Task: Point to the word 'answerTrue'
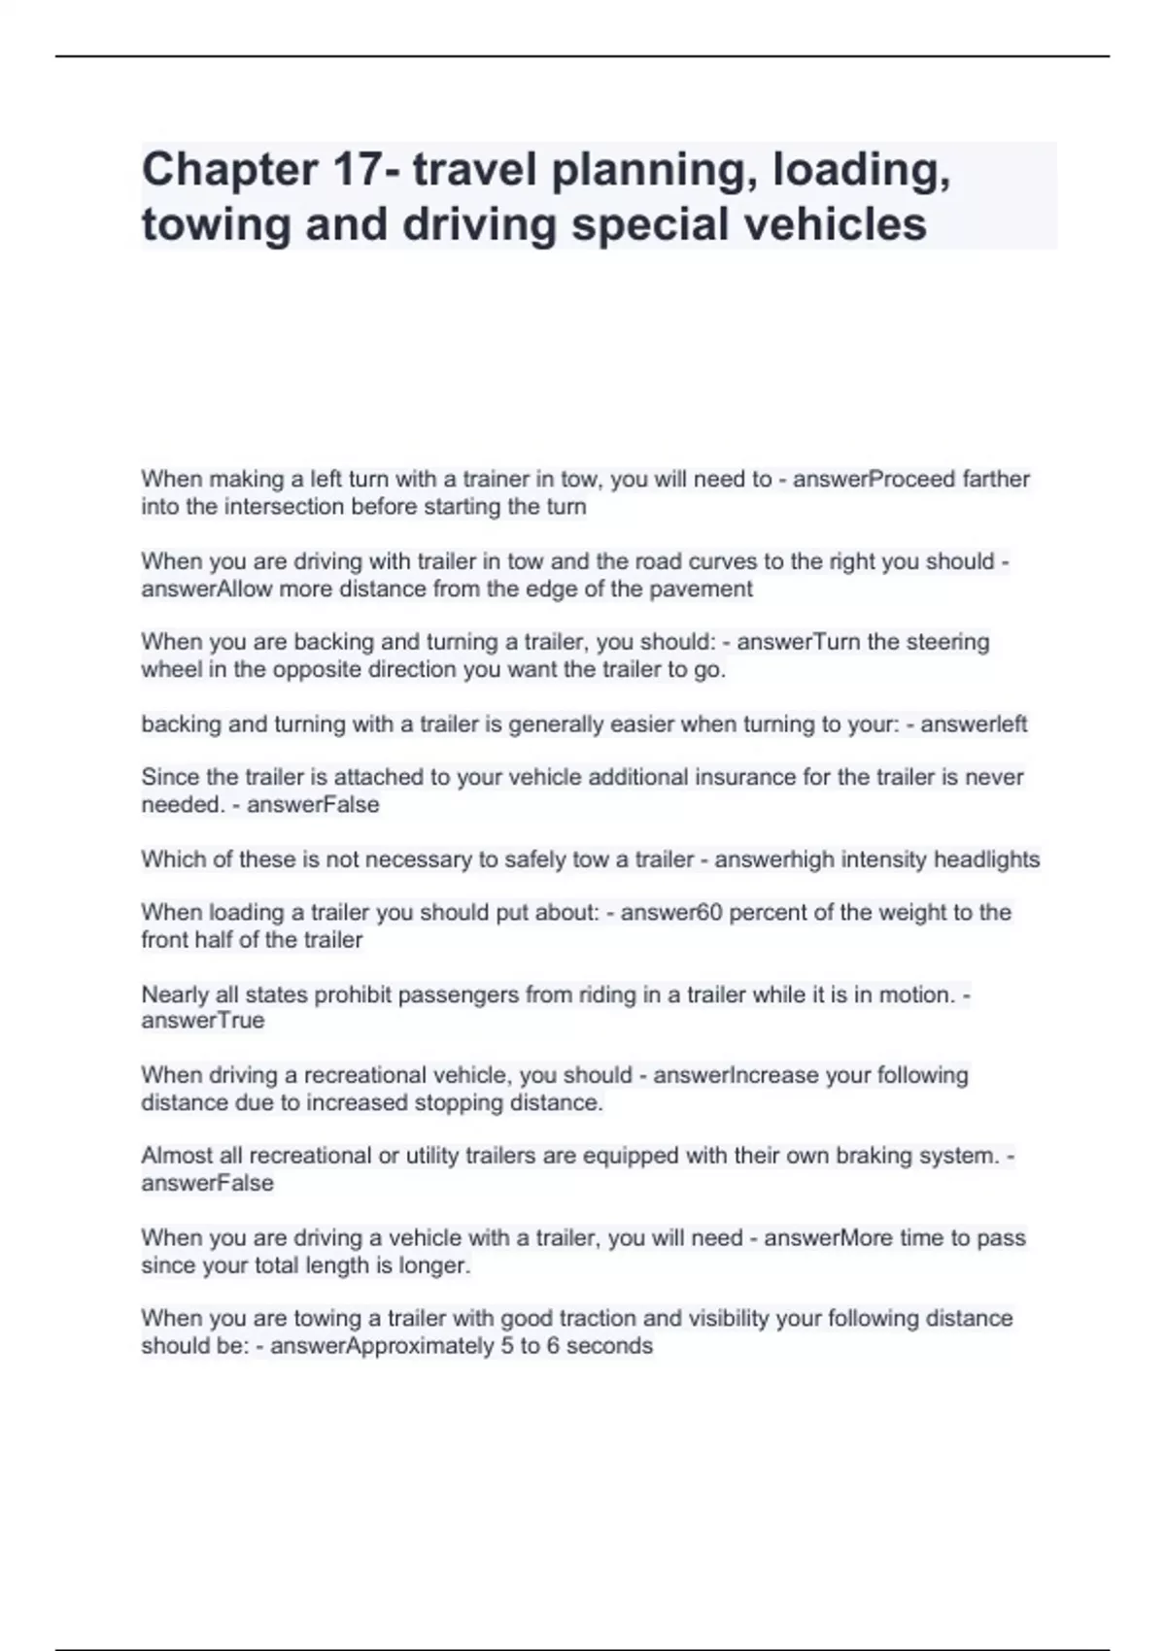[203, 1021]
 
